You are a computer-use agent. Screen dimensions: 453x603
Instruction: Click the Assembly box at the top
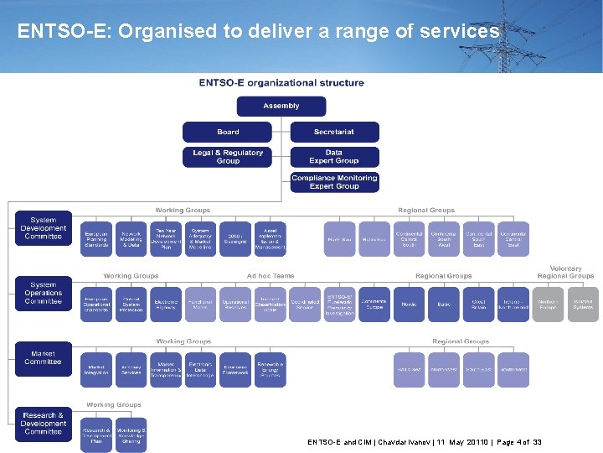pos(281,106)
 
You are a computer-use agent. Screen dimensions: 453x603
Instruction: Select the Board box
pos(228,132)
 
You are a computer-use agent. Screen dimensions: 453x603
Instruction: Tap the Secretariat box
pos(334,132)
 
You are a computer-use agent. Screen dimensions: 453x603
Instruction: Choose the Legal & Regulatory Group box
pos(228,157)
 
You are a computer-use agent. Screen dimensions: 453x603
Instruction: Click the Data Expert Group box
pos(334,157)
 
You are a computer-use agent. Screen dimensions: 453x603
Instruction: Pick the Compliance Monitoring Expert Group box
pos(334,182)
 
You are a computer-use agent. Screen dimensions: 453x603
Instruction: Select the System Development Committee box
pos(43,228)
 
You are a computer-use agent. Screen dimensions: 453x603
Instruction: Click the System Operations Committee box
pos(43,294)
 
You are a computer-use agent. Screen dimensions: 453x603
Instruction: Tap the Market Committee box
pos(43,358)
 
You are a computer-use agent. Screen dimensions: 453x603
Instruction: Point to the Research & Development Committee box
pos(43,424)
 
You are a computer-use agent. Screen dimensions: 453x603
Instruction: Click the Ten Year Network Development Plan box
pos(166,239)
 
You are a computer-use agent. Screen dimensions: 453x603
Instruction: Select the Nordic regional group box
pos(410,305)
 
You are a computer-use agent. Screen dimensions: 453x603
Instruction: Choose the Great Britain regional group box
pos(479,305)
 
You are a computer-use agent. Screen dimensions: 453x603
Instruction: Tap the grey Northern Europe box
pos(548,305)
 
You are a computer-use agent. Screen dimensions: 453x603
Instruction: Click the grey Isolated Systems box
pos(583,305)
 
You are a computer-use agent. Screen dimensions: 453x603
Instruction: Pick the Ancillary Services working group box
pos(131,370)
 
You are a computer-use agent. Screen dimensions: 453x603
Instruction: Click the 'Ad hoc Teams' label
pos(271,276)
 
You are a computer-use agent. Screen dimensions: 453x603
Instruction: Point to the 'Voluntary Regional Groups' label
pos(565,273)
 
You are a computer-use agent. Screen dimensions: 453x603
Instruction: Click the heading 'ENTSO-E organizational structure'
pos(281,83)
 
